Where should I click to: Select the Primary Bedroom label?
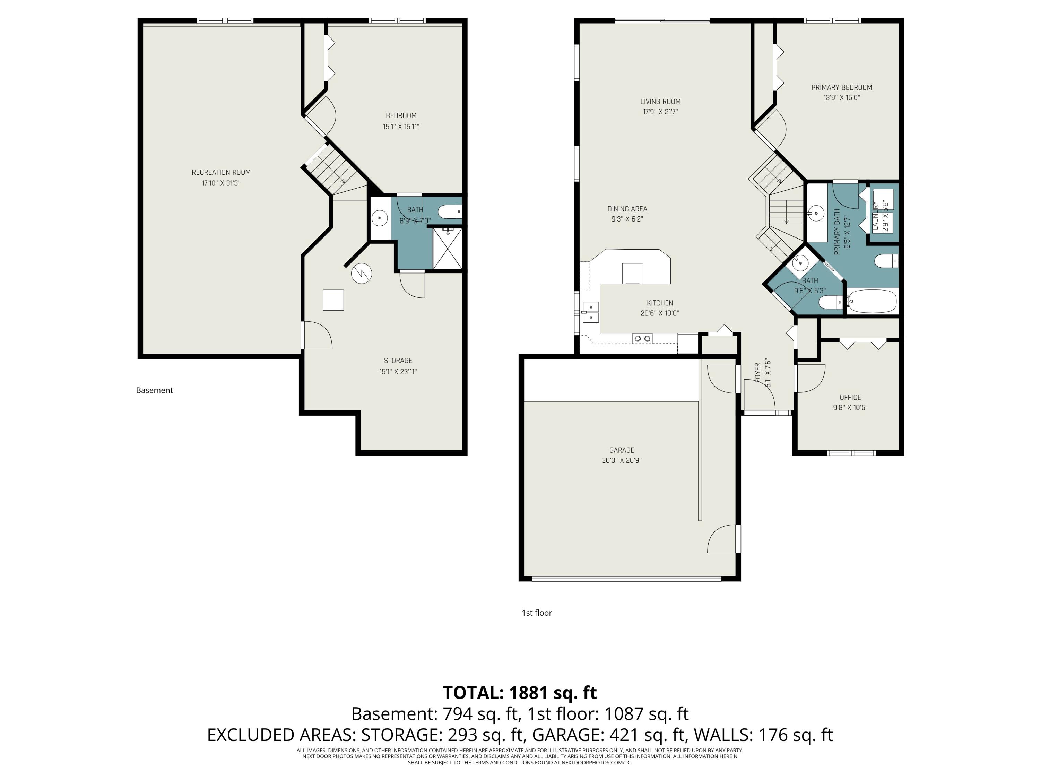click(842, 87)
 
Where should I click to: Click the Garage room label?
click(622, 450)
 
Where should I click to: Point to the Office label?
click(850, 397)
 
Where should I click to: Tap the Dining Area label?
click(627, 209)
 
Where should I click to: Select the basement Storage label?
click(398, 361)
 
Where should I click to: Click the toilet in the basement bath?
click(450, 212)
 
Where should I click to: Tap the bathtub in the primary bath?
click(872, 301)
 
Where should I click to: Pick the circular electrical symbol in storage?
click(362, 274)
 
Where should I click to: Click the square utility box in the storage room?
click(333, 300)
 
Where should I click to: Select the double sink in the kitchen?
click(590, 313)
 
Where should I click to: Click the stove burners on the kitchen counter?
click(643, 338)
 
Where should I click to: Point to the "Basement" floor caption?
click(154, 390)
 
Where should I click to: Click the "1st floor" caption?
click(536, 613)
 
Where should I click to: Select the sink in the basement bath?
click(379, 218)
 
